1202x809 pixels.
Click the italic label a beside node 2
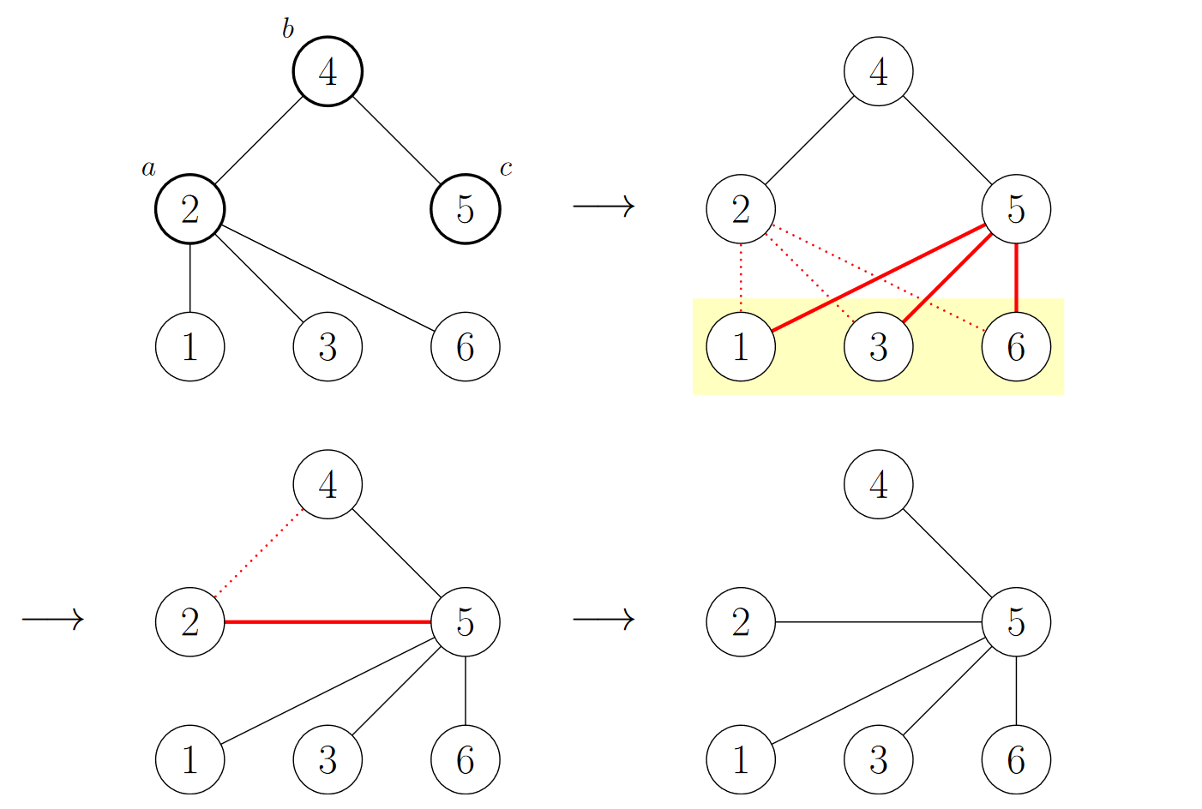point(149,169)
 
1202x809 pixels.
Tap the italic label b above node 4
point(288,30)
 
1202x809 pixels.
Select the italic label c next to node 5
point(506,169)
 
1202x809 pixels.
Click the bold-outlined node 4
point(328,72)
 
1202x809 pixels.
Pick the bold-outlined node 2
point(189,209)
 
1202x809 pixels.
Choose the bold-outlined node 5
point(465,209)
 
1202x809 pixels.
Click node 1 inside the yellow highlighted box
point(741,347)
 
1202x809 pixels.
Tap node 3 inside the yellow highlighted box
point(878,347)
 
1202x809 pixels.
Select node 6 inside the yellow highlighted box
point(1016,347)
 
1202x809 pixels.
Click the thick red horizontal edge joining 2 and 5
point(328,622)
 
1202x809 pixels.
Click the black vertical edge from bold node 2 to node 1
point(189,278)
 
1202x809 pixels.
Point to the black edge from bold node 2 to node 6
point(328,278)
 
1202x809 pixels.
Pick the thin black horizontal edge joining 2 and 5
point(878,622)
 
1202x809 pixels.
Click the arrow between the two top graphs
point(604,206)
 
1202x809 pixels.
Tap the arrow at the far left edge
point(52,619)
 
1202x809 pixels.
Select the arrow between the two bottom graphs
point(604,619)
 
